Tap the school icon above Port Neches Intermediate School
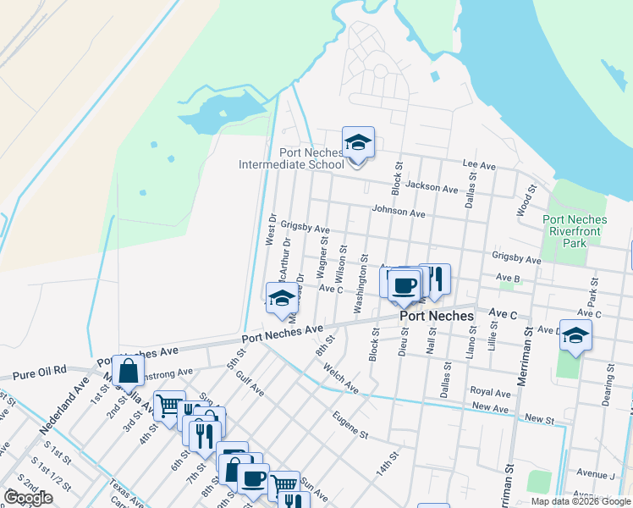[358, 144]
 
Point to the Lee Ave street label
[478, 163]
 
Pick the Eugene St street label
[350, 428]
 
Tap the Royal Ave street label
[491, 393]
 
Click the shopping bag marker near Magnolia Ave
[128, 371]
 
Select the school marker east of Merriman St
[575, 336]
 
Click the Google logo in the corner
[28, 498]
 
